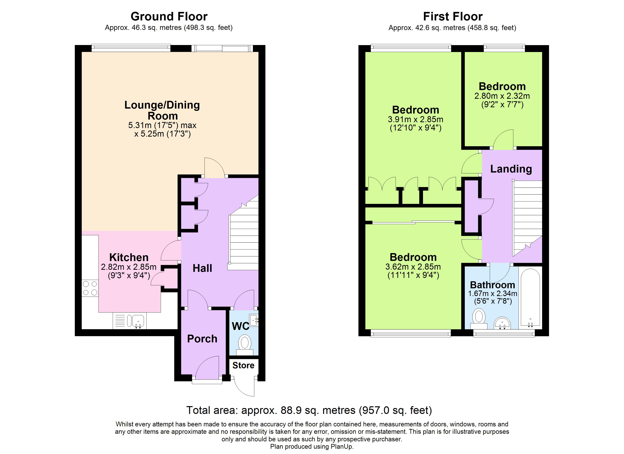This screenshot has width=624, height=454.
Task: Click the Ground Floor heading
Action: coord(169,16)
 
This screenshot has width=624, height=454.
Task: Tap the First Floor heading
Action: coord(453,16)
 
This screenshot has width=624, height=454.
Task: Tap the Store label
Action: coord(243,365)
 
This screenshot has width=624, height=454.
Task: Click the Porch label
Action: coord(202,339)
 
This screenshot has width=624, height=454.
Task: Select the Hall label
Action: coord(202,268)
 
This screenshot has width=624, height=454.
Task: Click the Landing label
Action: coord(511,169)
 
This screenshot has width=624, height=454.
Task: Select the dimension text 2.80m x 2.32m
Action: coord(502,96)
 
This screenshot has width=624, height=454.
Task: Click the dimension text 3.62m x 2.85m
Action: coord(413,267)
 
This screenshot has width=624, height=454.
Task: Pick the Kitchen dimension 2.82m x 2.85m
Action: coord(129,267)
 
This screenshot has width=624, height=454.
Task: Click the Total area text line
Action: coord(309,410)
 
